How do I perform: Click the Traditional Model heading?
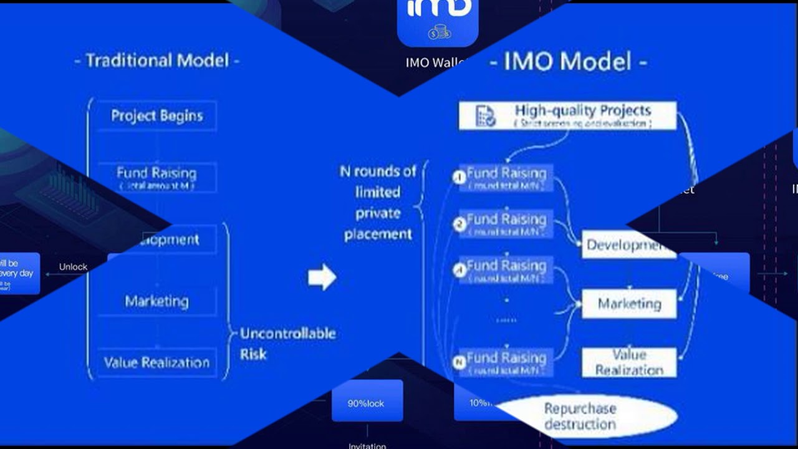(156, 60)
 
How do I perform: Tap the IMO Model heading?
(568, 62)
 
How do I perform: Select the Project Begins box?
(156, 115)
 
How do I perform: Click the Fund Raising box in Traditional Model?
(156, 177)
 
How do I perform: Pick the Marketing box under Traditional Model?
(156, 302)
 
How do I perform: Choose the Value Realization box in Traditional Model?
(156, 363)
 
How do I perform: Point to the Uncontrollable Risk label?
(287, 344)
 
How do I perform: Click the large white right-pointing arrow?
(322, 277)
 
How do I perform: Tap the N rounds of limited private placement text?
(378, 203)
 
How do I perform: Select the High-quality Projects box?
(567, 115)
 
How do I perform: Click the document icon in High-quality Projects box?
(485, 116)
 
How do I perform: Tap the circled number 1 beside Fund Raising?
(459, 177)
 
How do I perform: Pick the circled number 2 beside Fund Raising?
(459, 224)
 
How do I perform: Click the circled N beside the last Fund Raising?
(459, 362)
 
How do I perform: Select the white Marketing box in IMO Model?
(628, 304)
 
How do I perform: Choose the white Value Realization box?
(628, 362)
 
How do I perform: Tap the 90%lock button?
(367, 403)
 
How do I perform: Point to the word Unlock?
(73, 267)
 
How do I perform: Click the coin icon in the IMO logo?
(439, 32)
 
